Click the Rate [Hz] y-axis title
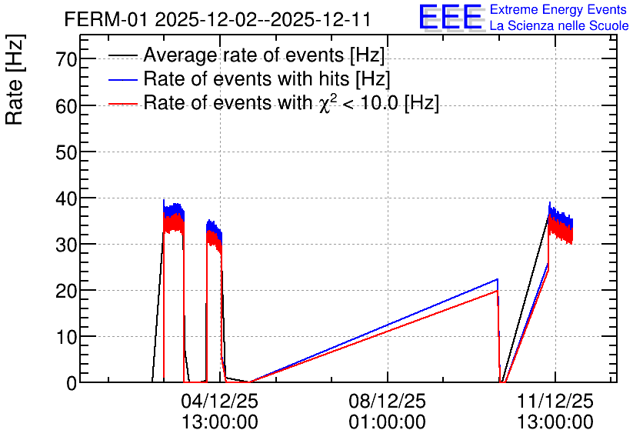click(15, 79)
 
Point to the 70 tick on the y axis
click(66, 59)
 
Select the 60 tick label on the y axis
click(66, 106)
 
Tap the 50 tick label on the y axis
click(66, 152)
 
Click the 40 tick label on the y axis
click(66, 199)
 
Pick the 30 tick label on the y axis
click(66, 245)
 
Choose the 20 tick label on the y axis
click(66, 291)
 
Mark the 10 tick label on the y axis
click(66, 338)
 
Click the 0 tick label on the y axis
click(72, 383)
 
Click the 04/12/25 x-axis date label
click(220, 401)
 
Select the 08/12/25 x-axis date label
click(388, 401)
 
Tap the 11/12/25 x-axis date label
click(555, 401)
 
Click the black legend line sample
click(122, 55)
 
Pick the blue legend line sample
click(122, 79)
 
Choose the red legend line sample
click(122, 103)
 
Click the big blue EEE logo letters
click(450, 17)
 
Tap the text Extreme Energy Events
click(558, 9)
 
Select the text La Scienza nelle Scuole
click(559, 25)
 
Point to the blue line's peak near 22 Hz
click(498, 278)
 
